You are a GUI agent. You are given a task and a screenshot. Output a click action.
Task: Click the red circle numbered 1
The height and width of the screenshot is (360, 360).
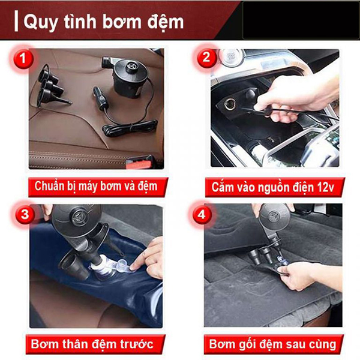23,58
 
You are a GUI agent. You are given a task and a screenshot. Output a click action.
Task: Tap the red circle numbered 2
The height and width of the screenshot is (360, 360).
206,57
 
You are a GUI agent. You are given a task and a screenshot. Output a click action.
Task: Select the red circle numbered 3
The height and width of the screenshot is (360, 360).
25,214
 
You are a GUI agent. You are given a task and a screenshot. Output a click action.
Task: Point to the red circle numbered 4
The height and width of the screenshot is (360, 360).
202,214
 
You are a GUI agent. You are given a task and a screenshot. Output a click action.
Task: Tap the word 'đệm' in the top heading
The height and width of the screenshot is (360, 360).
166,23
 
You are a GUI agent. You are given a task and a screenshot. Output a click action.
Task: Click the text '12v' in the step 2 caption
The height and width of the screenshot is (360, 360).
326,187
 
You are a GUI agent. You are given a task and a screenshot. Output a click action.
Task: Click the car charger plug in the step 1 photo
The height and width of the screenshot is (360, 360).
100,98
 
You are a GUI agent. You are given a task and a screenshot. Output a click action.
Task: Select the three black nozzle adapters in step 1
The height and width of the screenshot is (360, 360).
51,88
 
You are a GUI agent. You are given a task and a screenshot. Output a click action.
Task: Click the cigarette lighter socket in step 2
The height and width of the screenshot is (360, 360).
230,104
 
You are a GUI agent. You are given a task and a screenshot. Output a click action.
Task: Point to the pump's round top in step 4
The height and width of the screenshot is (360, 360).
274,216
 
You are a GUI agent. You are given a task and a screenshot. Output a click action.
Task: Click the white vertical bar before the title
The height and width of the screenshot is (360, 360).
16,22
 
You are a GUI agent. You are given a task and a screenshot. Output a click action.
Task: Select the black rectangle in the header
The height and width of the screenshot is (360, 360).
301,20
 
